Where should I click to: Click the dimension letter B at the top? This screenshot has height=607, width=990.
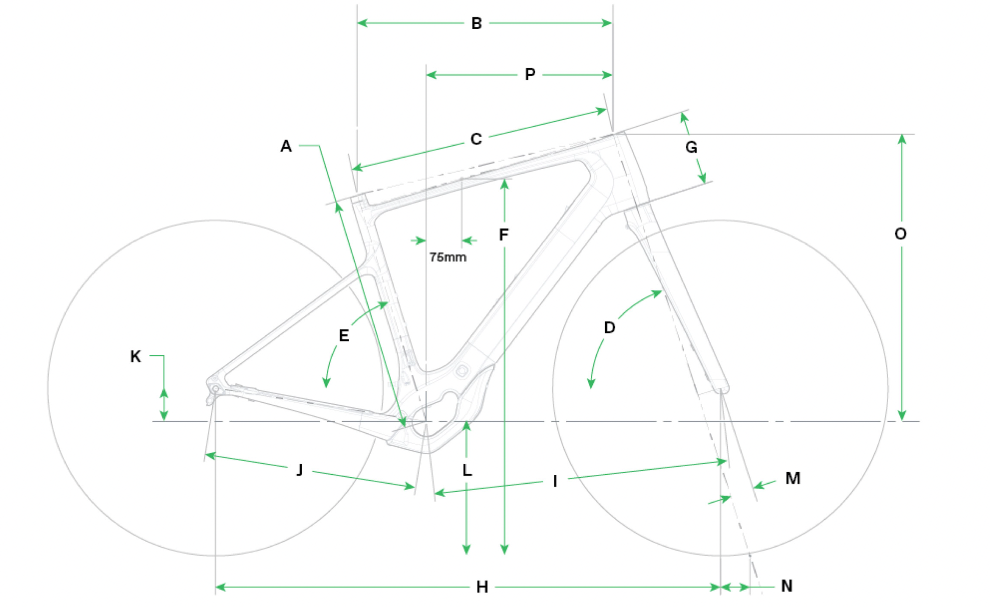tap(476, 23)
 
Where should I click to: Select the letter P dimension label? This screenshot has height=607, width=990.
tap(530, 75)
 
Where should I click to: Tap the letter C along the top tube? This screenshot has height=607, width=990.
tap(476, 139)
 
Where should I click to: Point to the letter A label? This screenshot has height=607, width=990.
tap(286, 146)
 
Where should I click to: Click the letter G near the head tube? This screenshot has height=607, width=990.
tap(691, 147)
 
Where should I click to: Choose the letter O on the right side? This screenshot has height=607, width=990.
tap(901, 234)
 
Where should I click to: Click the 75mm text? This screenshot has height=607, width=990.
tap(448, 257)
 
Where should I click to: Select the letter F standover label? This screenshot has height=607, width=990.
tap(503, 235)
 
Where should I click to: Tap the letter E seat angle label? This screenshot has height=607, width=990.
tap(344, 336)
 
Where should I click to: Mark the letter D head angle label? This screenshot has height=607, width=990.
tap(609, 328)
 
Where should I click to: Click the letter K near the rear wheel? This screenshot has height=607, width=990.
tap(135, 356)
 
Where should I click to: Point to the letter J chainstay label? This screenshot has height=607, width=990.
tap(300, 470)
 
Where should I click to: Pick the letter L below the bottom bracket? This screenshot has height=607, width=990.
tap(467, 470)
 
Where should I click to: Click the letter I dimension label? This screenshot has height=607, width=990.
tap(555, 481)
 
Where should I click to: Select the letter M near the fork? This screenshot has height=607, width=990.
tap(793, 478)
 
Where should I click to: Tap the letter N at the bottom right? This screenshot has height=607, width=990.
tap(787, 586)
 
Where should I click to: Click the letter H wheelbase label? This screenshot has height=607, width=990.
tap(482, 587)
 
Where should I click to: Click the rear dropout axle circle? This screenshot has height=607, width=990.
tap(216, 389)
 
